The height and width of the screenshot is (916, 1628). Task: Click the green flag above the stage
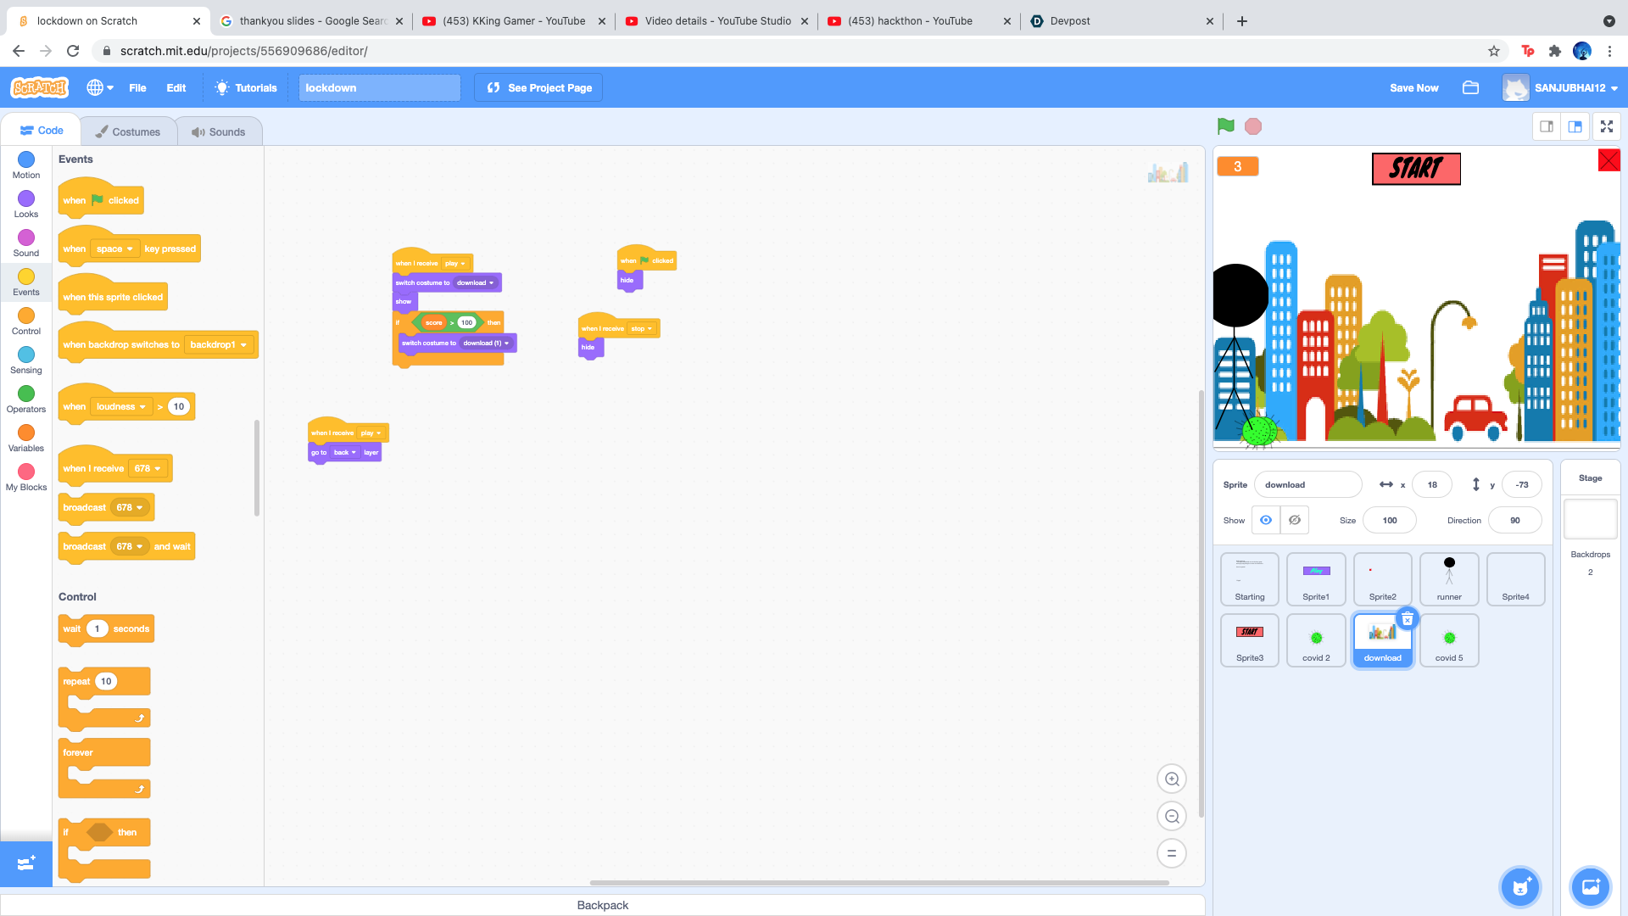click(1225, 126)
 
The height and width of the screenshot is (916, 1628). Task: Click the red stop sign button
click(1253, 126)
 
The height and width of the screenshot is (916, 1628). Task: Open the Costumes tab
click(128, 131)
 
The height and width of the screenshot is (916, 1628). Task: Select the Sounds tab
click(219, 131)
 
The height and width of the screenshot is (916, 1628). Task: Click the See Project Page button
click(539, 87)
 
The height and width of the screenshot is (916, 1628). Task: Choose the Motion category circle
click(26, 159)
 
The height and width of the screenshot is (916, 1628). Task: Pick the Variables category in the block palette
click(26, 433)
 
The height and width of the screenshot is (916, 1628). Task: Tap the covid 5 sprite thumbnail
click(1449, 640)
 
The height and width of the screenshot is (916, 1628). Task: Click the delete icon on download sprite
click(1408, 619)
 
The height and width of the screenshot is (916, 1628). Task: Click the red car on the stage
click(1475, 415)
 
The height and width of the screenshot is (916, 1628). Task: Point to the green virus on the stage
click(1259, 430)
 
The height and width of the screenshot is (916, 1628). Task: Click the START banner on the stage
click(1416, 169)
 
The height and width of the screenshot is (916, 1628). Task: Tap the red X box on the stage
click(1608, 160)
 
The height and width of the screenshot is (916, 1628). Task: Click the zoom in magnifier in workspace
click(1172, 779)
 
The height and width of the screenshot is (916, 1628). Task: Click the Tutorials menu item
click(246, 87)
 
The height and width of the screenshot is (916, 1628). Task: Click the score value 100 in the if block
click(466, 322)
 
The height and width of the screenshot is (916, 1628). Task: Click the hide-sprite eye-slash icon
click(1295, 520)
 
